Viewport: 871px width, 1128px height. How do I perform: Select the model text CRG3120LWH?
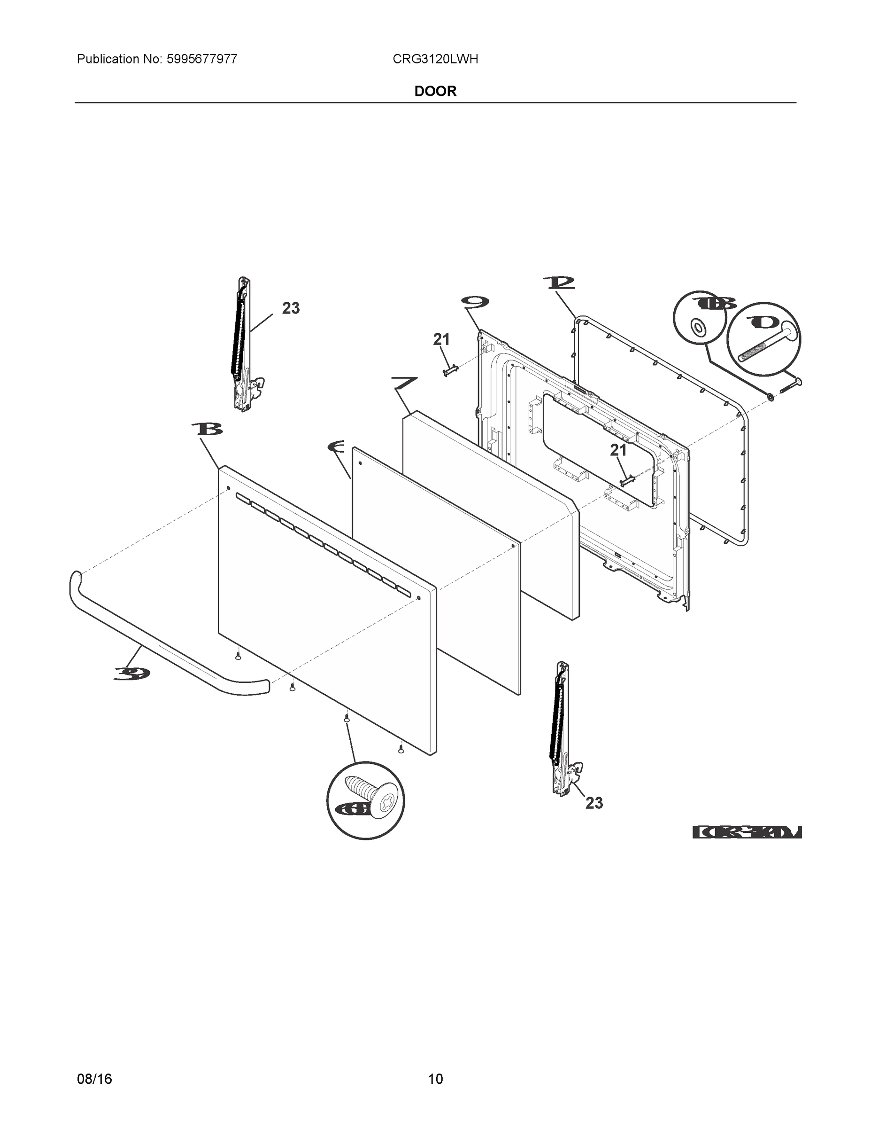(435, 59)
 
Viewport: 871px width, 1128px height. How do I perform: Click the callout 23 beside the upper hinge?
(291, 308)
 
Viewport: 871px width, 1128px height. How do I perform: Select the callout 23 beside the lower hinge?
(594, 803)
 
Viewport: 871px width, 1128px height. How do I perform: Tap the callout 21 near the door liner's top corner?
(441, 339)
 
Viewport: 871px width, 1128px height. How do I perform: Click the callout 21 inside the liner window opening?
(618, 450)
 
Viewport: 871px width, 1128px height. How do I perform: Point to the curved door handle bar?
(155, 646)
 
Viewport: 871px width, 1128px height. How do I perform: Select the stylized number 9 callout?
(475, 303)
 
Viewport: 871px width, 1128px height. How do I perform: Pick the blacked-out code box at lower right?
(747, 832)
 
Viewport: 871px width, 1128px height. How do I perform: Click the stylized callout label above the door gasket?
(559, 282)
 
